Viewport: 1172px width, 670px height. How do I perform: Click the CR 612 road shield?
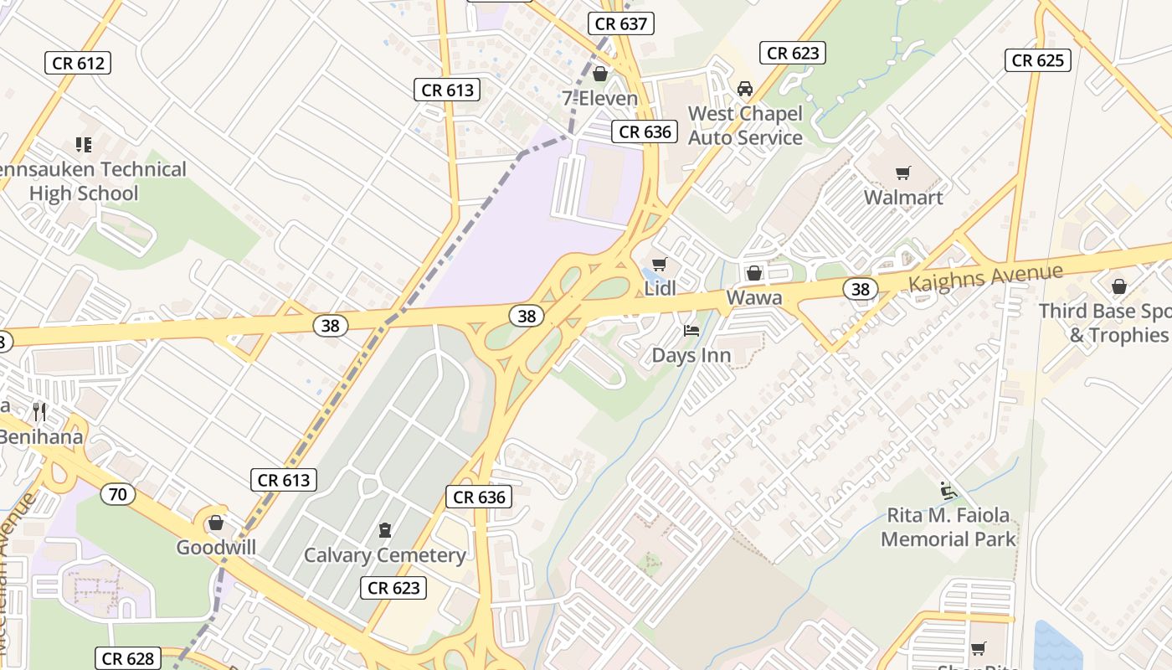coord(80,63)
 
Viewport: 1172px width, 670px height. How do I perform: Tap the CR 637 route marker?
coord(620,23)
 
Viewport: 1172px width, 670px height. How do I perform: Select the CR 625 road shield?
coord(1038,60)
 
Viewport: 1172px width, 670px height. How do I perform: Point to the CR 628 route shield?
coord(127,659)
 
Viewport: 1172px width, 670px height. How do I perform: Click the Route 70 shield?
coord(118,494)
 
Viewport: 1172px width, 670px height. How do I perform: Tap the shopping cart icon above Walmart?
coord(902,173)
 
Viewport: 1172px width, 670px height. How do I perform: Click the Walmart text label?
coord(903,198)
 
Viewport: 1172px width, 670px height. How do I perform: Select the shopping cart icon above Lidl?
coord(659,265)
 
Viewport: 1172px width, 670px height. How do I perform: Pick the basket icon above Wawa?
coord(753,273)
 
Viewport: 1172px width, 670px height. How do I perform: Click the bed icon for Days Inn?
coord(691,331)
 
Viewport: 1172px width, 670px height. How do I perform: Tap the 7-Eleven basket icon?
coord(599,75)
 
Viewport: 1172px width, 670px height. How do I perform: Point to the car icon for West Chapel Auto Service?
coord(744,89)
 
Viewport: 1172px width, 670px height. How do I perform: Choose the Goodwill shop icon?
coord(216,523)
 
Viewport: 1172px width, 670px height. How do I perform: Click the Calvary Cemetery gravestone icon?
coord(385,530)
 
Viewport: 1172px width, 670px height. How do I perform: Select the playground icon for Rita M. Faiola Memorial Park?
coord(948,491)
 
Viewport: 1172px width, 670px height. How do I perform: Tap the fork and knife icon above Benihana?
coord(39,412)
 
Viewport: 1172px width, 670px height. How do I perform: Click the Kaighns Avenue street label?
coord(985,277)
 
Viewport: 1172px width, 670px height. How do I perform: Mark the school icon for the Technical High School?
coord(83,145)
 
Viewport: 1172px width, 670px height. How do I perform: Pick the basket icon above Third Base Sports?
coord(1118,287)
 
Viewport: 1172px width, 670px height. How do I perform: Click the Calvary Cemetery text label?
coord(385,555)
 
